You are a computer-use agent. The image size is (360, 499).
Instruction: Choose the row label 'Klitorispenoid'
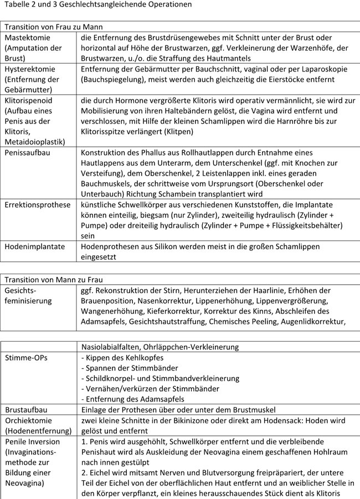click(30, 101)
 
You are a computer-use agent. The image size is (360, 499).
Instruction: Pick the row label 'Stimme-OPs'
click(26, 358)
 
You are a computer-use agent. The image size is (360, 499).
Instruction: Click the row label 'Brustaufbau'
click(26, 410)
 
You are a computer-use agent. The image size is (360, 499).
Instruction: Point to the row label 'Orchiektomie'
click(27, 421)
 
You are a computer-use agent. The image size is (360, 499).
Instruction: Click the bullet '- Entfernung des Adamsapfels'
click(132, 399)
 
